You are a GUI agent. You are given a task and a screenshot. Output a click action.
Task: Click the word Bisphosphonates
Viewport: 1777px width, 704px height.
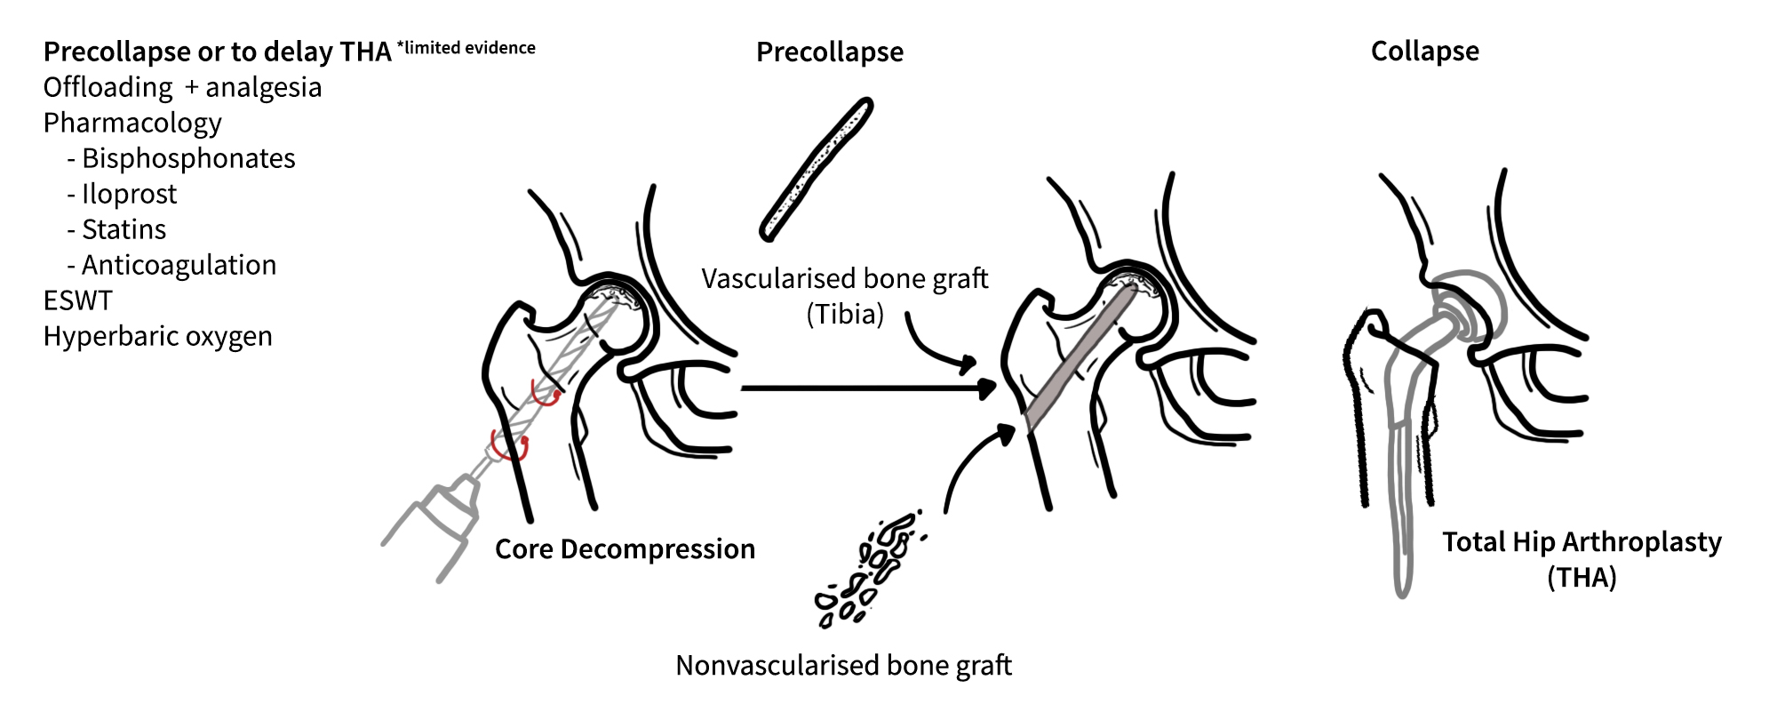(x=188, y=158)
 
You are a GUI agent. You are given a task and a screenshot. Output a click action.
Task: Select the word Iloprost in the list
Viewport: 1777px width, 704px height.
(x=130, y=194)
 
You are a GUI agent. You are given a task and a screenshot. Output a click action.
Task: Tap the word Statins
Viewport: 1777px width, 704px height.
(x=124, y=229)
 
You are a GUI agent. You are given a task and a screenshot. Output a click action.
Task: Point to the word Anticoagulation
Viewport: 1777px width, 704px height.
(x=179, y=265)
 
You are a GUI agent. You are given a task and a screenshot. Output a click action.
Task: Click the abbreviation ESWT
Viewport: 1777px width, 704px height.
(x=78, y=300)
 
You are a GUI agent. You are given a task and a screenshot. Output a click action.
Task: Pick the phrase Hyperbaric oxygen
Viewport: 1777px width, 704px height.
(x=158, y=336)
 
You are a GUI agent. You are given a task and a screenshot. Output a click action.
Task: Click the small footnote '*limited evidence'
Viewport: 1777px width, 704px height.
(x=466, y=48)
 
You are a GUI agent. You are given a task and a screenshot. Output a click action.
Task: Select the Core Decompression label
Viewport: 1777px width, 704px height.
(x=626, y=549)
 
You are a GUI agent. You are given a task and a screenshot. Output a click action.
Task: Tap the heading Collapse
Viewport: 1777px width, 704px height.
(x=1425, y=52)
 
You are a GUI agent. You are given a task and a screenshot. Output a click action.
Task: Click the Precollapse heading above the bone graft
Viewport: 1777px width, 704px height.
(x=830, y=52)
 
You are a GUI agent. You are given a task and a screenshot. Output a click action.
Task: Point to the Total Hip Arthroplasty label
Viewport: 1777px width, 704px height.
(x=1582, y=559)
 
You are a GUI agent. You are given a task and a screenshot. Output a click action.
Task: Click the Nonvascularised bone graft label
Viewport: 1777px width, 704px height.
(x=844, y=665)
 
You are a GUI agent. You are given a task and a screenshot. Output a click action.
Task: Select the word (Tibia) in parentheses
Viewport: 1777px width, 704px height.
(x=845, y=315)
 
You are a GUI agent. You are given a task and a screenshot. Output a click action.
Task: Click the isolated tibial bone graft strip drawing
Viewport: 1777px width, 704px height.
(x=817, y=169)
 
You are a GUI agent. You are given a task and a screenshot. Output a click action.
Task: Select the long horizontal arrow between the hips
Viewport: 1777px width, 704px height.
(x=867, y=388)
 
